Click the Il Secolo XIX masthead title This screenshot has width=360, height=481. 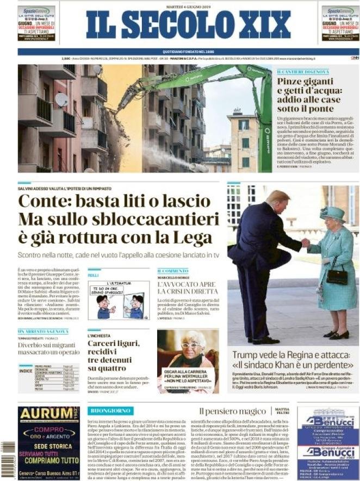188,25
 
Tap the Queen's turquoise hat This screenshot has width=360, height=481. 332,213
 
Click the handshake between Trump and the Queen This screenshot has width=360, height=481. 306,243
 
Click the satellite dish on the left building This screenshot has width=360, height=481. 61,99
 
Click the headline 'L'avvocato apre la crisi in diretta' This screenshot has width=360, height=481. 187,288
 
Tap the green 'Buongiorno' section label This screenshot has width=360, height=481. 110,410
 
